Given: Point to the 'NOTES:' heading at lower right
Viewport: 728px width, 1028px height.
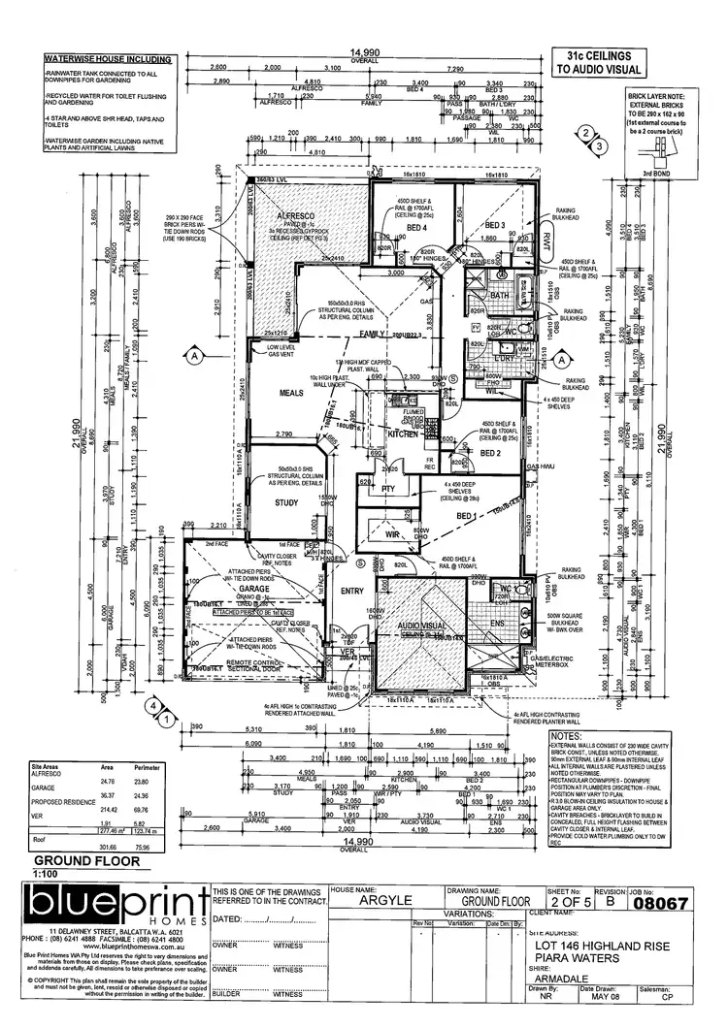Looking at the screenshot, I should pyautogui.click(x=565, y=736).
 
